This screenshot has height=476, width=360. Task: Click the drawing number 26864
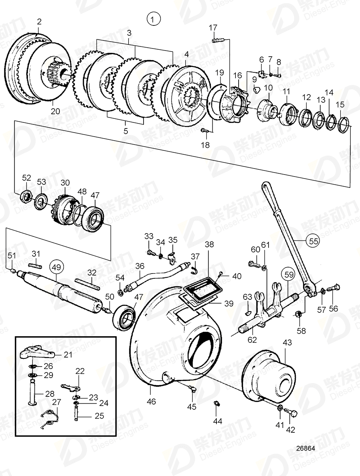306,449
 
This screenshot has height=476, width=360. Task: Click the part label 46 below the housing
151,402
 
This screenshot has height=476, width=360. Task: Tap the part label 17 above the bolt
213,27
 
